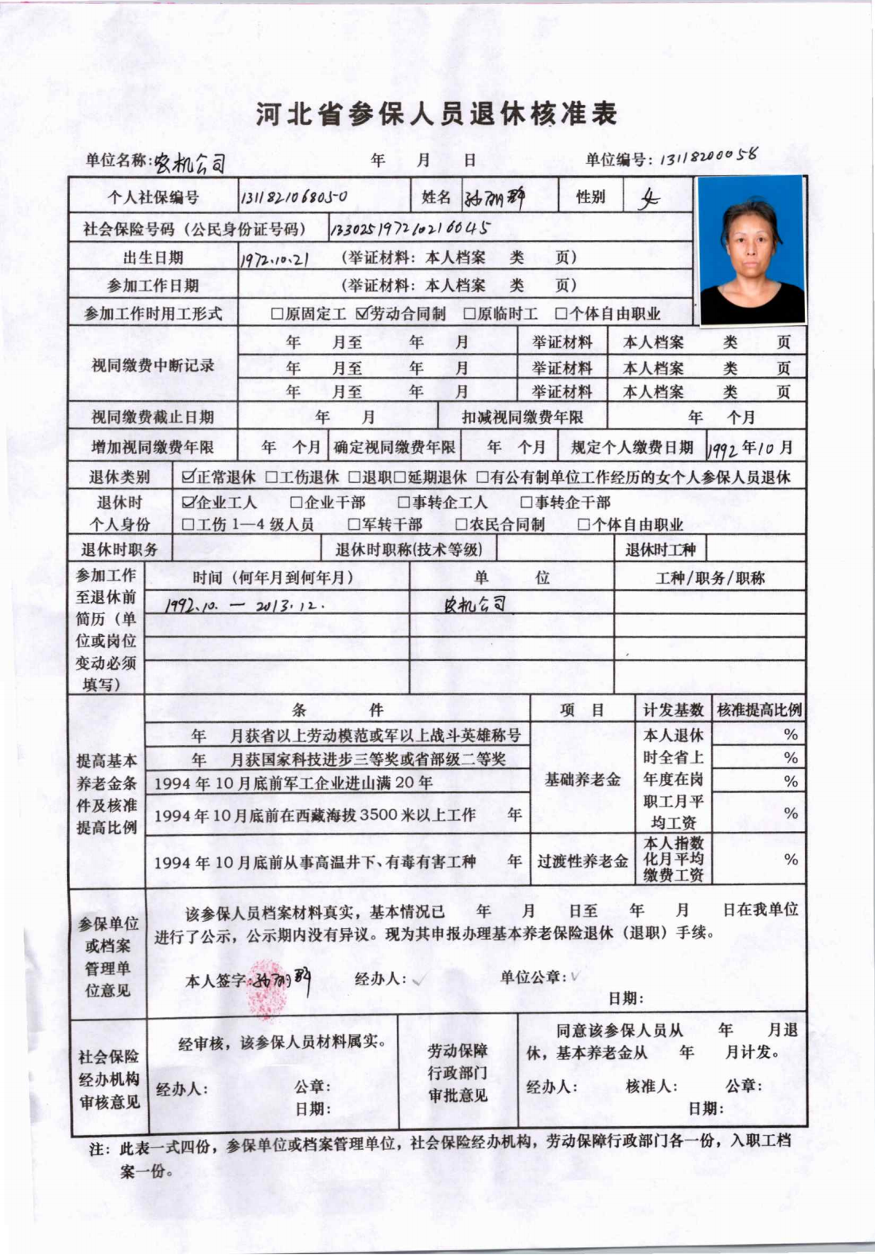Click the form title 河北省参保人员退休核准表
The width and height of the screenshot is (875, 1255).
tap(437, 114)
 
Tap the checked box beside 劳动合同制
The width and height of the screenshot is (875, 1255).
tap(363, 313)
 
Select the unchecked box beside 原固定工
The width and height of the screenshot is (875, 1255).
tap(277, 314)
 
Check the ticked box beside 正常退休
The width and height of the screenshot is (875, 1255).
tap(189, 477)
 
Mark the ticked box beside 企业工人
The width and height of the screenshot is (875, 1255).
tap(189, 503)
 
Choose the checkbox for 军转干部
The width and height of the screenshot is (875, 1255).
tap(354, 525)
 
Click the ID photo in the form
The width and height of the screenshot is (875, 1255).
tap(751, 250)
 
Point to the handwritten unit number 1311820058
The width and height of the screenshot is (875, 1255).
tap(706, 157)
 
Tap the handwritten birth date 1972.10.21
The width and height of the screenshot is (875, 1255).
tap(274, 259)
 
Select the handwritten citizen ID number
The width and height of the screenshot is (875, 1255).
tap(409, 230)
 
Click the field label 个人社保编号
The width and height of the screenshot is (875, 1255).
tap(154, 198)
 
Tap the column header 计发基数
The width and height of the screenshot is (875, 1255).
tap(673, 710)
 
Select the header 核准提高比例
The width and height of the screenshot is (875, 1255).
tap(759, 710)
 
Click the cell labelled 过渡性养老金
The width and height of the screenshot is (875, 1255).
tap(582, 861)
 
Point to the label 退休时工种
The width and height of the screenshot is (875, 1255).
tap(660, 550)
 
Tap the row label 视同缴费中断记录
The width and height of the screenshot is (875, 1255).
tap(153, 366)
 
